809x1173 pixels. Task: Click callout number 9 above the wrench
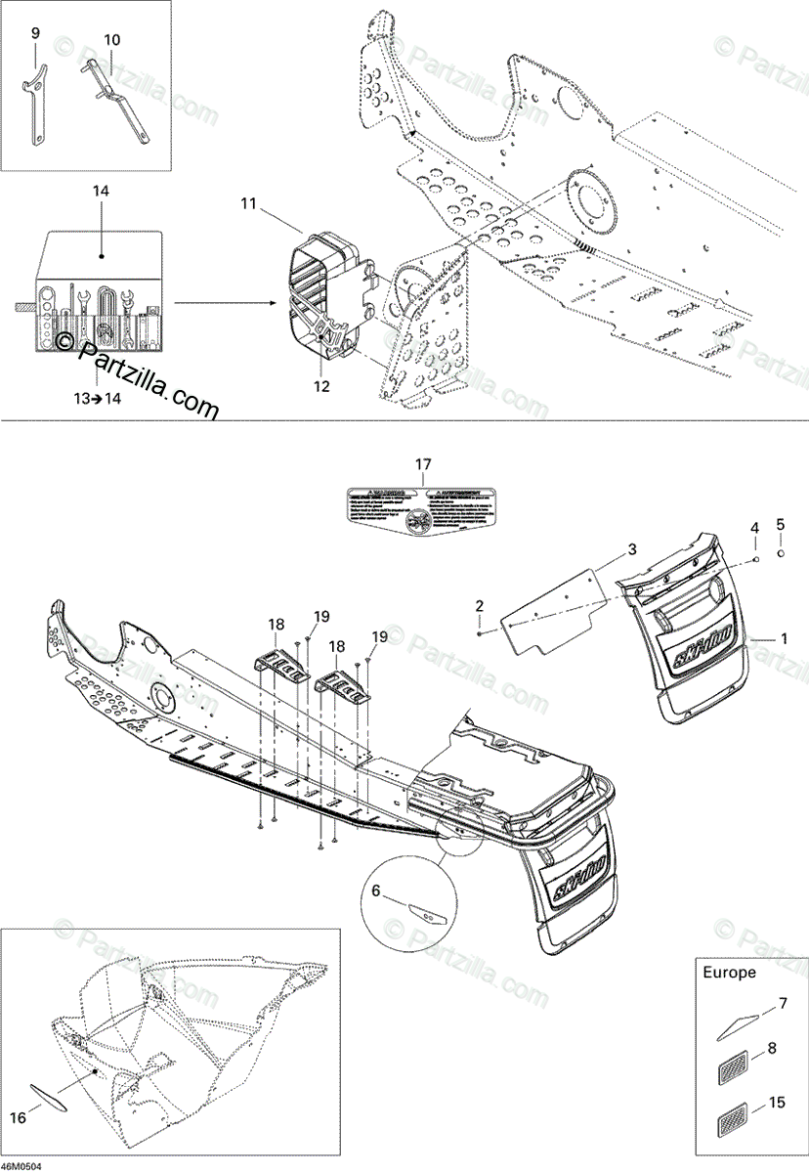click(35, 33)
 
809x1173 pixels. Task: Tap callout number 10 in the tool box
click(111, 40)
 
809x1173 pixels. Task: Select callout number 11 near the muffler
click(248, 203)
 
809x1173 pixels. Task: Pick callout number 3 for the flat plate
click(632, 549)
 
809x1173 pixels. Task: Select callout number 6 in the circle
click(375, 891)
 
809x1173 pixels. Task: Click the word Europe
click(729, 973)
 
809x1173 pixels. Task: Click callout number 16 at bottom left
click(17, 1117)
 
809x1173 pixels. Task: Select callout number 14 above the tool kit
click(102, 192)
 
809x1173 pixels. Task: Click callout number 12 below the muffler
click(321, 386)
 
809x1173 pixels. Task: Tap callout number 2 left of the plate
click(480, 606)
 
